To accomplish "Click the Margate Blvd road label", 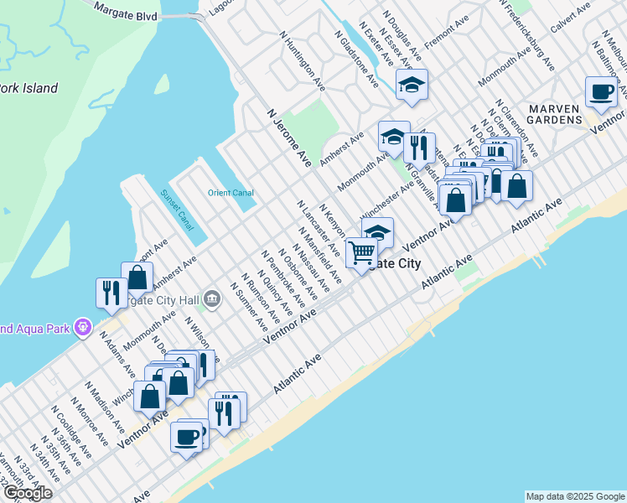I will [127, 13].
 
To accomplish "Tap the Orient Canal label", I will [231, 193].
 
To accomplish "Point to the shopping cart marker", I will [361, 251].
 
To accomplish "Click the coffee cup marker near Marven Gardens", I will [601, 91].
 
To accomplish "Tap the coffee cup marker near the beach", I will [186, 436].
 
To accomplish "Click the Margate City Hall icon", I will [212, 298].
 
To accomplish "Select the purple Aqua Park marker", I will [82, 327].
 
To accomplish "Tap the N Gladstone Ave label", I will [355, 60].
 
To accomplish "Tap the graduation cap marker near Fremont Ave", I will [412, 84].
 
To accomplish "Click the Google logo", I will [27, 493].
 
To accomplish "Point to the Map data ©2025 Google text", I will [575, 496].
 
